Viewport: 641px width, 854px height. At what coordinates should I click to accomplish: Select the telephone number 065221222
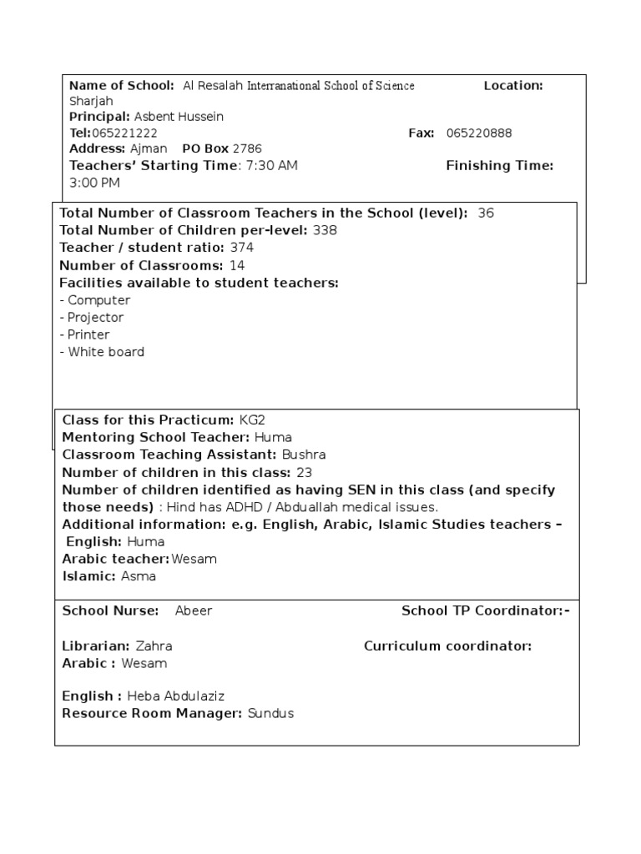click(124, 133)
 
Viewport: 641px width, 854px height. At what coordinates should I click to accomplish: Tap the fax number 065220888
click(479, 133)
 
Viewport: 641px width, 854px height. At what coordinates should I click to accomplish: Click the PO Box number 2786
click(247, 148)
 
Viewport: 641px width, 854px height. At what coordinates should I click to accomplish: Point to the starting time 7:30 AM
click(271, 165)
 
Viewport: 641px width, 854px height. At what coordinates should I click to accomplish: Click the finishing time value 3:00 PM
click(94, 182)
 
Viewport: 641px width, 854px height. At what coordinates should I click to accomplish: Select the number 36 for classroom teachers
click(486, 213)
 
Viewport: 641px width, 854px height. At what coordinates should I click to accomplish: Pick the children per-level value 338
click(325, 230)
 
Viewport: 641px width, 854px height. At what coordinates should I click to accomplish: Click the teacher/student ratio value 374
click(241, 248)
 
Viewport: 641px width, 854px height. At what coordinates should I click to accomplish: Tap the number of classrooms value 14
click(237, 265)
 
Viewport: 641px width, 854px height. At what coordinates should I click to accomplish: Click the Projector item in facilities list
click(95, 318)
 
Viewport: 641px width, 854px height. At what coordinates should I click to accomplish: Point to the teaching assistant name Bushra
click(304, 455)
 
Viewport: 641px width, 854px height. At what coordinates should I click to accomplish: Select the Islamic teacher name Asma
click(139, 576)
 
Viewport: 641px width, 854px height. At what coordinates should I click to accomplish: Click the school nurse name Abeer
click(194, 610)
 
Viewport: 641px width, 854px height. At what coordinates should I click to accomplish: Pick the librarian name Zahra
click(154, 646)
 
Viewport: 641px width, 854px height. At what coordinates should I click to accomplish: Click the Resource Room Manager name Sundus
click(270, 714)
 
